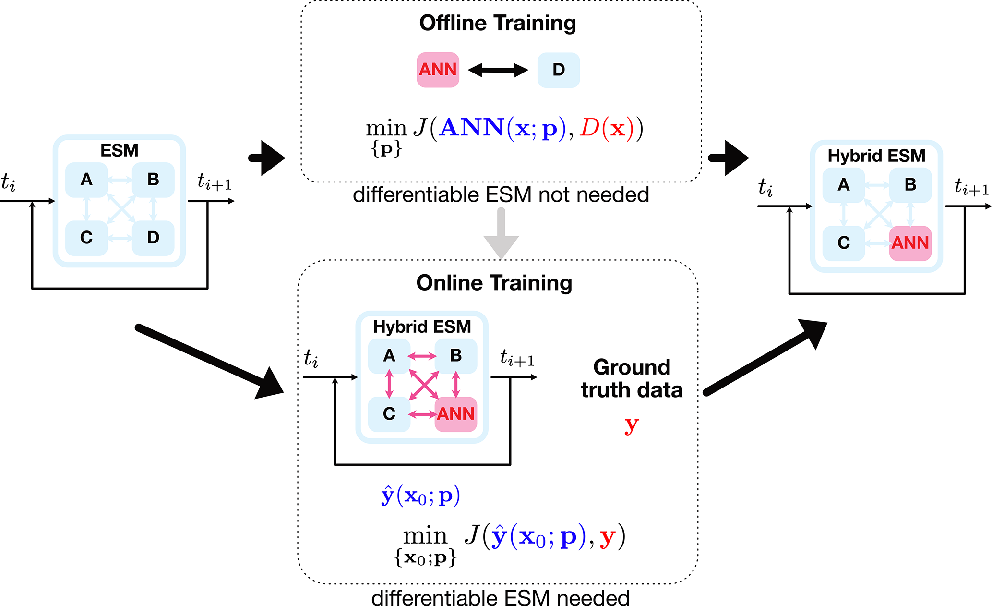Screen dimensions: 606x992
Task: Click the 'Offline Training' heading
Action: pos(497,23)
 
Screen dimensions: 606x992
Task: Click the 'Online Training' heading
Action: pos(494,283)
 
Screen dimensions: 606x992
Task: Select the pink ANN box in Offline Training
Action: pos(438,70)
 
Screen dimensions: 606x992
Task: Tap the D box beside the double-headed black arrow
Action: pos(558,70)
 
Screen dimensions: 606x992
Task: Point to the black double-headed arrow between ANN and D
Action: pos(498,70)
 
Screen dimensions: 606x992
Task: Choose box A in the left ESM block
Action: pos(86,180)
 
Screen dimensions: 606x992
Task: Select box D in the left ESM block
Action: pos(153,238)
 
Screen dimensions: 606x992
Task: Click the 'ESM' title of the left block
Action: pos(119,151)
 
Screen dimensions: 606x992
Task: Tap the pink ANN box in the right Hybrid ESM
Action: pos(910,243)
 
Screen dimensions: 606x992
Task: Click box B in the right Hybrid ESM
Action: pos(910,185)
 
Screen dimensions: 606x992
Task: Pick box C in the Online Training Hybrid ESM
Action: pos(389,414)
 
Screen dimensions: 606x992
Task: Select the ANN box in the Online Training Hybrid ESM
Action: pos(455,414)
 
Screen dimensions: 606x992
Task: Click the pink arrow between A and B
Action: pos(422,356)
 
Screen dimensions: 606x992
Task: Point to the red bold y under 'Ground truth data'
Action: pos(632,425)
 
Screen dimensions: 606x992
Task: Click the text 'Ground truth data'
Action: pos(632,379)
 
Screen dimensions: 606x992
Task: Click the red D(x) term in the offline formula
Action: pos(603,129)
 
